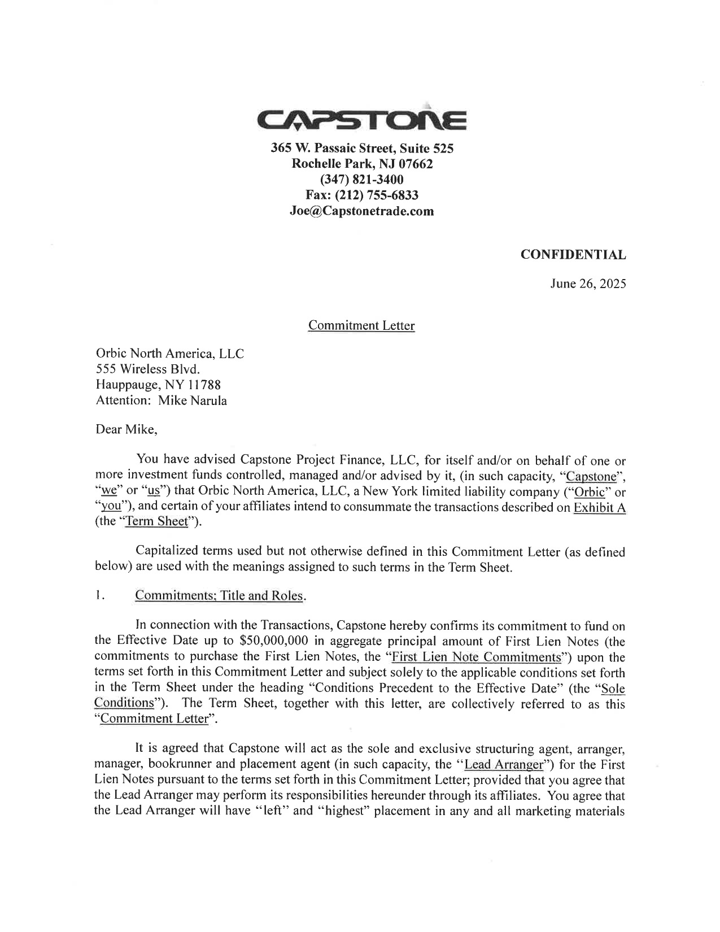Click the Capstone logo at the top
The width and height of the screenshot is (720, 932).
tap(361, 120)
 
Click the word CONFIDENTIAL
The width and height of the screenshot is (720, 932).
tap(573, 255)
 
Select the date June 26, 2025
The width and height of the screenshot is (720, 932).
tap(588, 284)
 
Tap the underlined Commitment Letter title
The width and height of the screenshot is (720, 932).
tap(361, 326)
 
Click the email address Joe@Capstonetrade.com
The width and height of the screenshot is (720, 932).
tap(361, 211)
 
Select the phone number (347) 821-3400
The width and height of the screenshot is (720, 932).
tap(361, 180)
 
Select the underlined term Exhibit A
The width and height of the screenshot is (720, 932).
tap(599, 507)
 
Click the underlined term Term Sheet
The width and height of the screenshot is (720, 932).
tap(156, 521)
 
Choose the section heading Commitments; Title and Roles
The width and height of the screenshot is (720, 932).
tap(219, 596)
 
